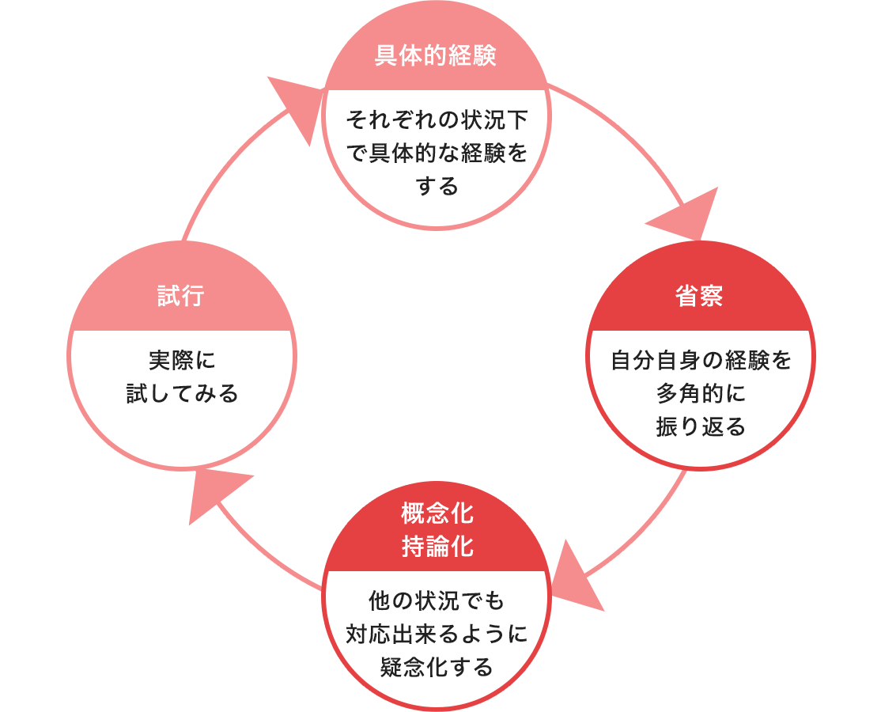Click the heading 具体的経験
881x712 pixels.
(x=436, y=55)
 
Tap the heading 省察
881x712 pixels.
(x=699, y=296)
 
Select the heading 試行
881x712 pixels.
(x=180, y=296)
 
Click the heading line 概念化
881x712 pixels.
(x=437, y=513)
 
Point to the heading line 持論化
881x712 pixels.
(x=437, y=546)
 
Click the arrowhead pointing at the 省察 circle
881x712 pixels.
(x=688, y=216)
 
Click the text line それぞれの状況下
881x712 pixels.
(x=437, y=119)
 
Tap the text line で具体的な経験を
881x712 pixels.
(x=437, y=153)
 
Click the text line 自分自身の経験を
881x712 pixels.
(x=701, y=360)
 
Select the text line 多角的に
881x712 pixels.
(x=701, y=393)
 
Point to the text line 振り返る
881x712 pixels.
(x=701, y=426)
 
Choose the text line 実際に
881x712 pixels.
(x=182, y=360)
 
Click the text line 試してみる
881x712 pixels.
(x=182, y=393)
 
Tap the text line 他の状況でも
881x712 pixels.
(x=437, y=600)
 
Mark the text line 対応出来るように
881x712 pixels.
(x=437, y=634)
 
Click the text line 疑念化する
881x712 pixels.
(x=437, y=667)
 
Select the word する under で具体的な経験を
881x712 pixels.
(x=437, y=186)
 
